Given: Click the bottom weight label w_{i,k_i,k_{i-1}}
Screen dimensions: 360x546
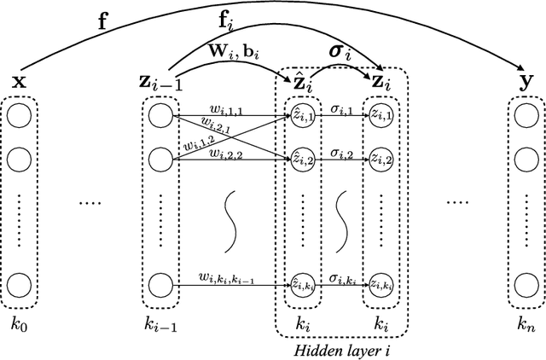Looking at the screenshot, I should point(226,276).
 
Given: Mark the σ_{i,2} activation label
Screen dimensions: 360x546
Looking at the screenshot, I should point(340,150).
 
